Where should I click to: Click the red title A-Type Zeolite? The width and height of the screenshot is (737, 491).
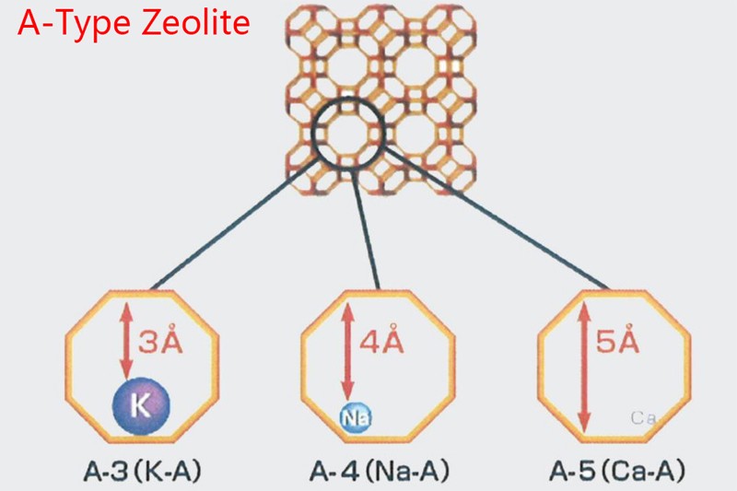[134, 24]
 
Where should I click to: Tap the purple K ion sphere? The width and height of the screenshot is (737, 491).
[141, 406]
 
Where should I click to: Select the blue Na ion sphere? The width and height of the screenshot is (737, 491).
[355, 417]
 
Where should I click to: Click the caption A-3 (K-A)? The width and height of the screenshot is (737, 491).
[143, 471]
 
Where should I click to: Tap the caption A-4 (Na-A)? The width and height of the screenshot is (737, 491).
[380, 471]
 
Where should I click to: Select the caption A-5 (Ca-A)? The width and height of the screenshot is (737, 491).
[616, 471]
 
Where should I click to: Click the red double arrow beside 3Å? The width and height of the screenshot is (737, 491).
[126, 341]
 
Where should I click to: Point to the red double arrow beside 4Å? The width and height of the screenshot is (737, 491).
[347, 352]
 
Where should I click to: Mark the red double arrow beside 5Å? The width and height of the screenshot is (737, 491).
[584, 368]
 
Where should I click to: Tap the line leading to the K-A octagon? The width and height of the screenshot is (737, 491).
[235, 224]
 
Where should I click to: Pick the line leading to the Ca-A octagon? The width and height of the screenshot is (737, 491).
[497, 217]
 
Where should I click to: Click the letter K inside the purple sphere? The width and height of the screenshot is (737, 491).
[141, 405]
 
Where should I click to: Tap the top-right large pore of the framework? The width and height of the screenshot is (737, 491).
[416, 65]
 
